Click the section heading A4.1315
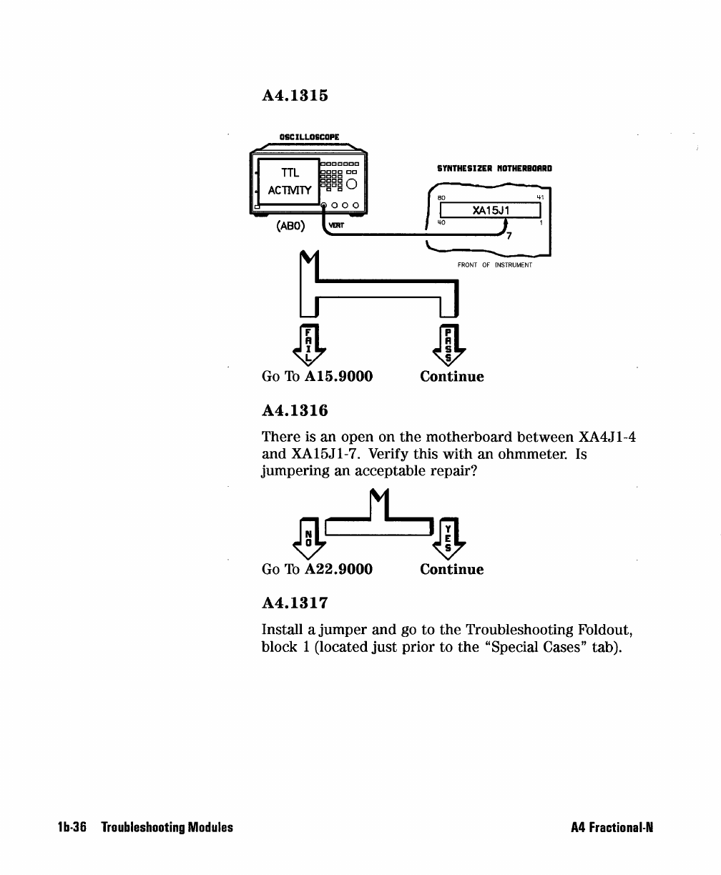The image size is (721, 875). (295, 95)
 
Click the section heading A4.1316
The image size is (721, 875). (295, 411)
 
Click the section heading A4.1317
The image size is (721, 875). (295, 603)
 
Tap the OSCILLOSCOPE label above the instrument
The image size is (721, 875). (310, 137)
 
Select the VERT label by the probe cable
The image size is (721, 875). (336, 225)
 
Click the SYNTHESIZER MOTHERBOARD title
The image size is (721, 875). (494, 169)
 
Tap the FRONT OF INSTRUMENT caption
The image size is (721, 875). (495, 265)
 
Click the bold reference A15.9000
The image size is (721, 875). (338, 376)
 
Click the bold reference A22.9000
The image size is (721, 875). (338, 569)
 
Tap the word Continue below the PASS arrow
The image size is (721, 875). (451, 376)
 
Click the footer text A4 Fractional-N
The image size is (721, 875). (612, 828)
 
